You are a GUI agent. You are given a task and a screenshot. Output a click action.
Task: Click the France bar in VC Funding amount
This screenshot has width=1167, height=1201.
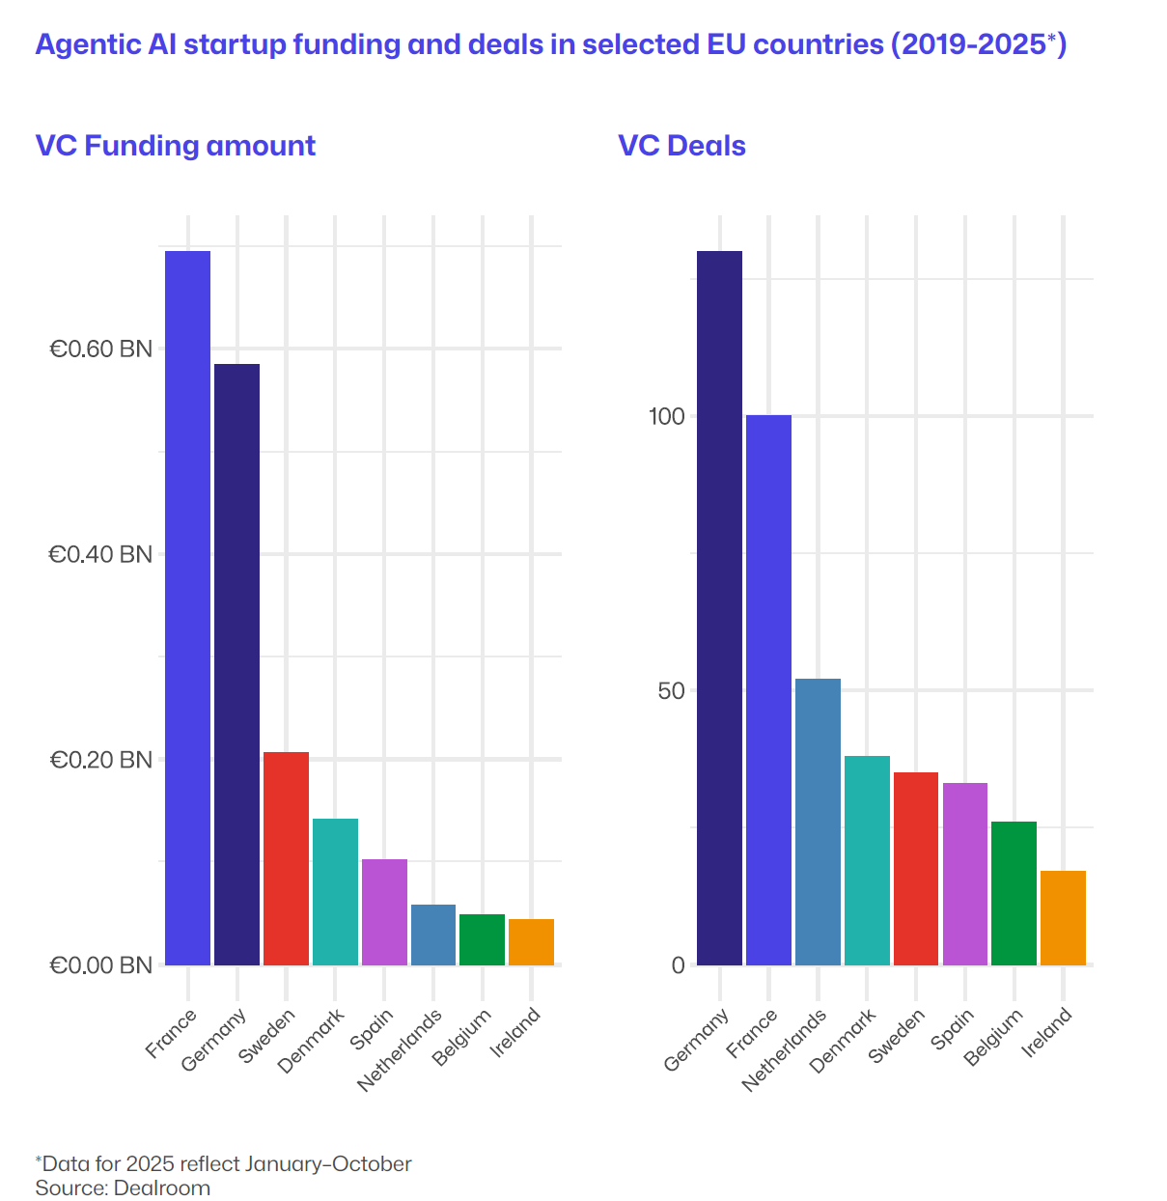coord(187,608)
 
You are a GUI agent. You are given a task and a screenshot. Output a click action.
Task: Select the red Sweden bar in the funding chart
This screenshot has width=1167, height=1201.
coord(286,858)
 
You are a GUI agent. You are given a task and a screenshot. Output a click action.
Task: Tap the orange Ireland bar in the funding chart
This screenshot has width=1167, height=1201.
coord(531,942)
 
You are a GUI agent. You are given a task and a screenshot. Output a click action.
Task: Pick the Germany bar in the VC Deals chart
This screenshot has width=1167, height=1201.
coord(719,608)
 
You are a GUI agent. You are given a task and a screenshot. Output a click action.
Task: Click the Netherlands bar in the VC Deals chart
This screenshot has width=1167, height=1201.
coord(818,822)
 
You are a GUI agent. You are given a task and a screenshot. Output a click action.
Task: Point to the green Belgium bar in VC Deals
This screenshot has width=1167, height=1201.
coord(1014,893)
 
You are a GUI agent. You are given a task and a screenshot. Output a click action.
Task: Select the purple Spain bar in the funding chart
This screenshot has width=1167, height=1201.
coord(384,911)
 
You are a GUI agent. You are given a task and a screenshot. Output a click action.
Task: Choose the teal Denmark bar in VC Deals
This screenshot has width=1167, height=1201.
coord(867,860)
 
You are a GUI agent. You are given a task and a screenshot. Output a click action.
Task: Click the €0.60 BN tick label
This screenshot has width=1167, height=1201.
coord(101,349)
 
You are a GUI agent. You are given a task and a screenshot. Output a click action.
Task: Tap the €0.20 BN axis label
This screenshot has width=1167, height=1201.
coord(101,760)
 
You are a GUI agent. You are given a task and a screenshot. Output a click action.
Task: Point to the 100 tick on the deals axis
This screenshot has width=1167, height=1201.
coord(666,416)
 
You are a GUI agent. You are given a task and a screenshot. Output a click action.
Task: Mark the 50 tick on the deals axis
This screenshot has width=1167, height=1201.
coord(671,691)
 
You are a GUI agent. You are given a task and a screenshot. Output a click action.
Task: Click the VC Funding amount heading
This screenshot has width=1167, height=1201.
coord(176,146)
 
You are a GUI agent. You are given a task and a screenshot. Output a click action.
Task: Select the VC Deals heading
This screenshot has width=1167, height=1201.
coord(681,146)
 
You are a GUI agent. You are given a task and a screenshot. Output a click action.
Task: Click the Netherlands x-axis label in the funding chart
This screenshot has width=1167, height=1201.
coord(400,1049)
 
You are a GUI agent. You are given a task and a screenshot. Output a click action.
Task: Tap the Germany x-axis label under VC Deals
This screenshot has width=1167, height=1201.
coord(697,1040)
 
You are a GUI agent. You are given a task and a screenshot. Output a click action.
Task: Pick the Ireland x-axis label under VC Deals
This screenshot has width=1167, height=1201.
coord(1047,1031)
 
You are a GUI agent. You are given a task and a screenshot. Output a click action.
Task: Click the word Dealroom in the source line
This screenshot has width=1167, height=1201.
coord(162,1187)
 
